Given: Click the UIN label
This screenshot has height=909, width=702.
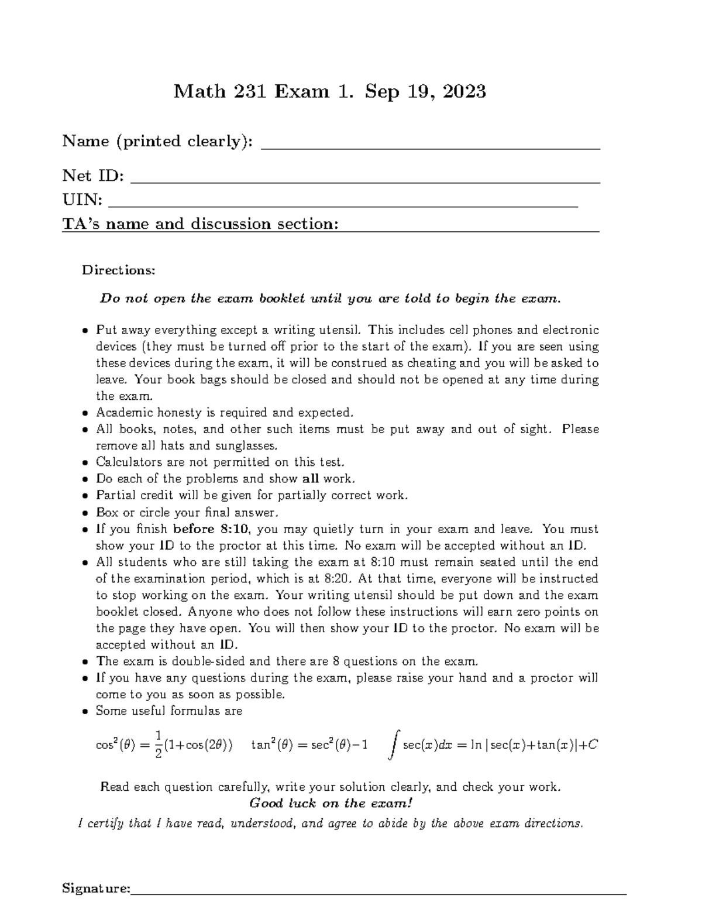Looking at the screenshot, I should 82,200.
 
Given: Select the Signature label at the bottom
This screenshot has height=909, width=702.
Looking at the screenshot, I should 96,889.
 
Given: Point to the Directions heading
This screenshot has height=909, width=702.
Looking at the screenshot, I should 119,270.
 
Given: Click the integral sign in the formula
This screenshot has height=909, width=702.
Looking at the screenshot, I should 394,745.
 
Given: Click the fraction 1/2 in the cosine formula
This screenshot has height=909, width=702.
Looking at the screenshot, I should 157,745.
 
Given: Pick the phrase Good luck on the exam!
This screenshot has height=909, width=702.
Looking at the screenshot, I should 331,803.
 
